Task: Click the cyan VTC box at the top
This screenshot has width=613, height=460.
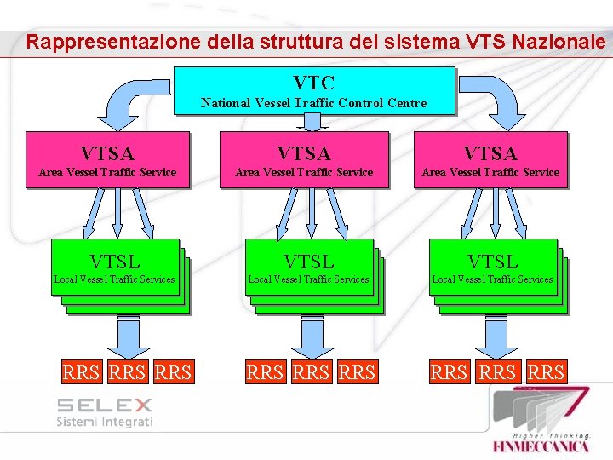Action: pyautogui.click(x=313, y=90)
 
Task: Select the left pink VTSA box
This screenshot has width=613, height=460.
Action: pyautogui.click(x=107, y=159)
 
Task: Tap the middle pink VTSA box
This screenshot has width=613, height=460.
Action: pyautogui.click(x=304, y=159)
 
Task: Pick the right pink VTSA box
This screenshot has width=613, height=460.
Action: pyautogui.click(x=490, y=159)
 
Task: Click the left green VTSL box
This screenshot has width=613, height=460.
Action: pyautogui.click(x=115, y=267)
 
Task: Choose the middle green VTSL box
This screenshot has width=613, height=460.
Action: pyautogui.click(x=309, y=267)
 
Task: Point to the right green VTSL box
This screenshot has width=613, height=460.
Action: pyautogui.click(x=492, y=267)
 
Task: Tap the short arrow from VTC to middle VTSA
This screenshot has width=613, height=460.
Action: pyautogui.click(x=313, y=122)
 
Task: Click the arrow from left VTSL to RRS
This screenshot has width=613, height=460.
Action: pyautogui.click(x=128, y=336)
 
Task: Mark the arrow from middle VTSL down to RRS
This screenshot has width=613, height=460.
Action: pyautogui.click(x=312, y=336)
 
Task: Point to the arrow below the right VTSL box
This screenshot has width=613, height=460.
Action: pyautogui.click(x=496, y=336)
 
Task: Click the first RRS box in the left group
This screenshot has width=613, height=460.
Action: pyautogui.click(x=82, y=372)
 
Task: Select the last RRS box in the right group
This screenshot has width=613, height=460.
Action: pyautogui.click(x=546, y=372)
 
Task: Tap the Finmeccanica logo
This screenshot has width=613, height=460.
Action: pyautogui.click(x=541, y=423)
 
